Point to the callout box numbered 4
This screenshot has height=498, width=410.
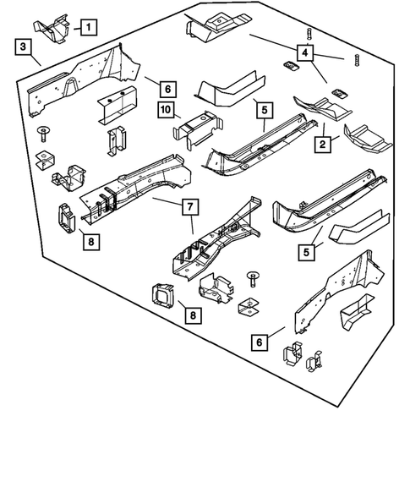[308, 52]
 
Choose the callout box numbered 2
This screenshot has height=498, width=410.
[323, 146]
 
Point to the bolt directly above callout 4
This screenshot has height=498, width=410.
[309, 35]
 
